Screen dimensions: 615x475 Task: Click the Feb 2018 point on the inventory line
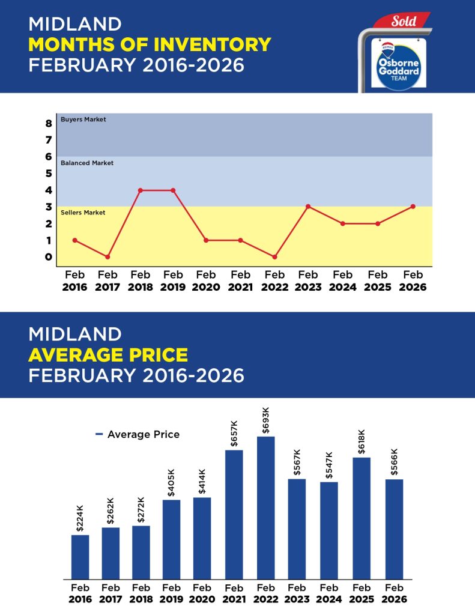pyautogui.click(x=140, y=190)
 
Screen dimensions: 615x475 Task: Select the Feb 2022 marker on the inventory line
pyautogui.click(x=274, y=257)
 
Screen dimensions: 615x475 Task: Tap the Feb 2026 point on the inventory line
pyautogui.click(x=412, y=207)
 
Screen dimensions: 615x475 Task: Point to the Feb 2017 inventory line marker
pyautogui.click(x=107, y=257)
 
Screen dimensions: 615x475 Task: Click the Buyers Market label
pyautogui.click(x=83, y=120)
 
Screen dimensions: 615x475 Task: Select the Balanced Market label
pyautogui.click(x=86, y=163)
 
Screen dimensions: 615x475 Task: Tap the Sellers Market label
pyautogui.click(x=83, y=213)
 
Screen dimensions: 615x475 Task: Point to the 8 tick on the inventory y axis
pyautogui.click(x=49, y=124)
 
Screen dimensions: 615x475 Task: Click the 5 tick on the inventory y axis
pyautogui.click(x=49, y=174)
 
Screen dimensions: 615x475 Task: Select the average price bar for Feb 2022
pyautogui.click(x=265, y=507)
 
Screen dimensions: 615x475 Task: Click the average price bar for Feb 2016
pyautogui.click(x=80, y=557)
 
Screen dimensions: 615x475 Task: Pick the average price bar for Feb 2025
pyautogui.click(x=362, y=518)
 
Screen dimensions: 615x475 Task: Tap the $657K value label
pyautogui.click(x=234, y=434)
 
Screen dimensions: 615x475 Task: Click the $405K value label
pyautogui.click(x=172, y=483)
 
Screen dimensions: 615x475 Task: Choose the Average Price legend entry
pyautogui.click(x=138, y=434)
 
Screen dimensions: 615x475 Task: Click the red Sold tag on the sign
pyautogui.click(x=402, y=22)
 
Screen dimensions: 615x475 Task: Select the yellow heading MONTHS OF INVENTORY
pyautogui.click(x=150, y=44)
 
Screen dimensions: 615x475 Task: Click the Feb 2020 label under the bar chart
pyautogui.click(x=202, y=593)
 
